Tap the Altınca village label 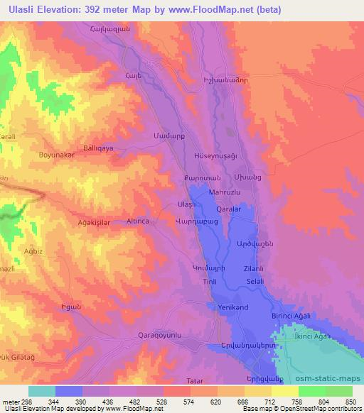point(143,221)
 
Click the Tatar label point(195,382)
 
